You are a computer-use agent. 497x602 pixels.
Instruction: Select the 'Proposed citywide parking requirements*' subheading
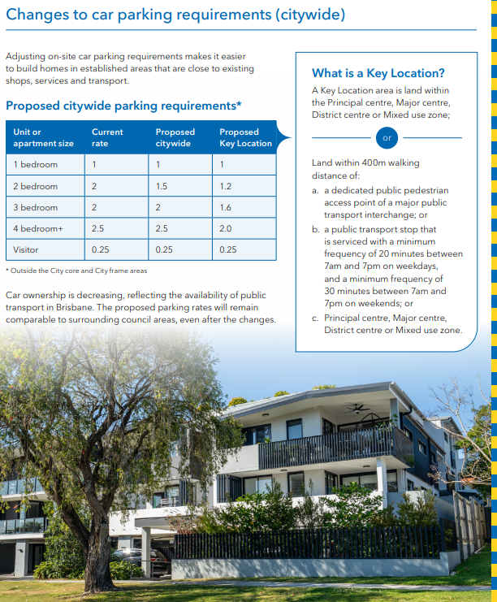123,106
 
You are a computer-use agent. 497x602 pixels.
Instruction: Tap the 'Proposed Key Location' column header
245,137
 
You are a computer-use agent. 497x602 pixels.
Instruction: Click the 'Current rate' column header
107,137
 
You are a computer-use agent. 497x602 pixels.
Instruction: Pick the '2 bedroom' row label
36,186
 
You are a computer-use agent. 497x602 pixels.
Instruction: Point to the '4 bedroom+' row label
38,229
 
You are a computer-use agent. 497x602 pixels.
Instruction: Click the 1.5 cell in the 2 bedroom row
162,186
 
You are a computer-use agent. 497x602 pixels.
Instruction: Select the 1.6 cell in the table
226,208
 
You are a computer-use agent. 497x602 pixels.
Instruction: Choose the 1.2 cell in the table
226,186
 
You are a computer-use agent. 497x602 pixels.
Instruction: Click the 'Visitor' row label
26,249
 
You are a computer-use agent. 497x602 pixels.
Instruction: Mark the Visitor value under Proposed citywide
164,249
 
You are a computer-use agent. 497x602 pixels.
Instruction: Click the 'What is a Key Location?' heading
378,72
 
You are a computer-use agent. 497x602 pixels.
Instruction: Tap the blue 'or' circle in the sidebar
387,138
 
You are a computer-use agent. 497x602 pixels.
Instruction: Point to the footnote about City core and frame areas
76,271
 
